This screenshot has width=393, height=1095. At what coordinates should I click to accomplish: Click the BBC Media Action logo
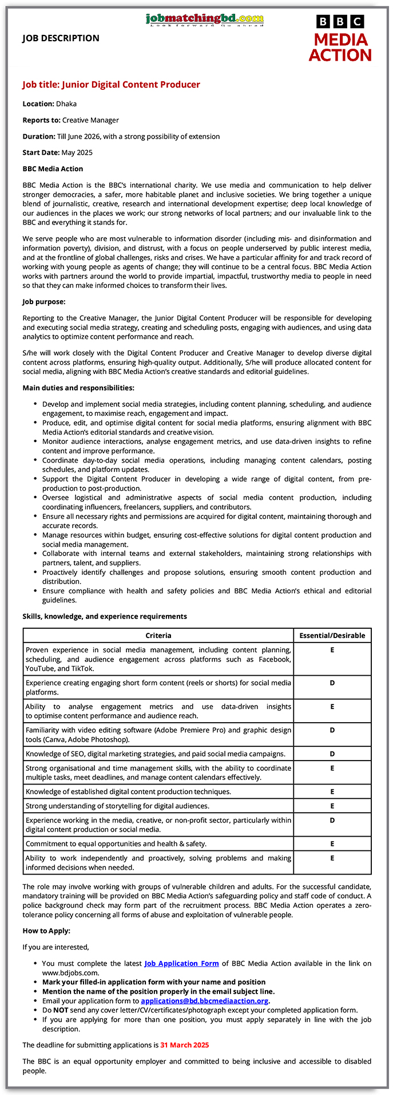[340, 38]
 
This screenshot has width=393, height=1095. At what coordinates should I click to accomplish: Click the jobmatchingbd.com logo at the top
[205, 19]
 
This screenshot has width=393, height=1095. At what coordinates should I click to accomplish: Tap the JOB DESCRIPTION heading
[61, 38]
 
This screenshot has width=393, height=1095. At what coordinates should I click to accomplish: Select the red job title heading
[111, 85]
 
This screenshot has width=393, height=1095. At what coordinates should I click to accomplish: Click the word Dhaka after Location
[66, 104]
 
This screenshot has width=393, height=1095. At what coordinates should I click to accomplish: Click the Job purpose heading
[44, 301]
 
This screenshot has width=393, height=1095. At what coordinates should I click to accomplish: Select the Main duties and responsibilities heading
[78, 388]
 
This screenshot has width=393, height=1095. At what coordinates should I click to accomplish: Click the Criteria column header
[158, 635]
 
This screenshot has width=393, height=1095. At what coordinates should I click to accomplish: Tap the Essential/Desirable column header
[332, 635]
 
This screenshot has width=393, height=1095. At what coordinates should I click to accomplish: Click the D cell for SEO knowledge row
[332, 754]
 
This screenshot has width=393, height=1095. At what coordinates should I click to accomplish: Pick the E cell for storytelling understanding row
[332, 806]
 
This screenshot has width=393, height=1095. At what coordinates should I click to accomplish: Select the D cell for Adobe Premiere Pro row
[332, 730]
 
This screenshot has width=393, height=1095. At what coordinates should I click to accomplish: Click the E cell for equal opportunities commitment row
[332, 844]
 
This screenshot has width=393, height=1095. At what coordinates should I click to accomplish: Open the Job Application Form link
[181, 963]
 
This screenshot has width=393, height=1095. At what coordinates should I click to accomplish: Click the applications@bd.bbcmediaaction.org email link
[204, 1001]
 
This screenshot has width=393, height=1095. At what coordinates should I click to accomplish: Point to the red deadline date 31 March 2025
[185, 1045]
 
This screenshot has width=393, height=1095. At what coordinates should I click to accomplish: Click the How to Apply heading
[46, 931]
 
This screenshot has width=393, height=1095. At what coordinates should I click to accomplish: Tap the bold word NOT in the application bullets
[61, 1010]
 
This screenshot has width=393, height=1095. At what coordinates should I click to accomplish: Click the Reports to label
[41, 120]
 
